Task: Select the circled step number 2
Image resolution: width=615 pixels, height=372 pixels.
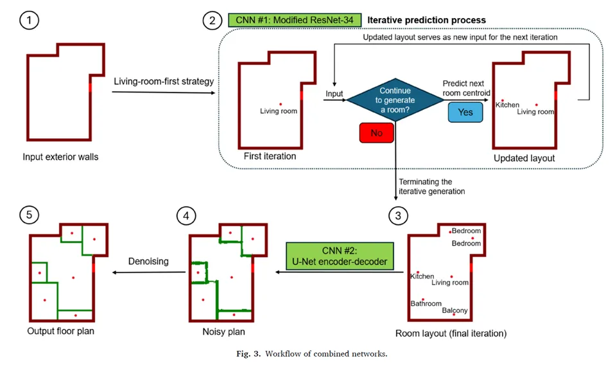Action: point(212,21)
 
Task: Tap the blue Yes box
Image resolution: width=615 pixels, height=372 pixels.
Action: point(465,112)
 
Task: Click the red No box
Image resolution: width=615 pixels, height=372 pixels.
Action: point(376,133)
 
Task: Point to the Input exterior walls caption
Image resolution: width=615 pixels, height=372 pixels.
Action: point(60,157)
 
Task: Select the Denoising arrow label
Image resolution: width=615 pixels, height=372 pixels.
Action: point(148,261)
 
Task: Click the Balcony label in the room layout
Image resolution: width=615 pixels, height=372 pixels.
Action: point(455,311)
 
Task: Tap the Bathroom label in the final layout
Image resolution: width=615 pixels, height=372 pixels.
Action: point(426,303)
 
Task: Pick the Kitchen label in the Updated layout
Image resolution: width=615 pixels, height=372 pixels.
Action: point(507,105)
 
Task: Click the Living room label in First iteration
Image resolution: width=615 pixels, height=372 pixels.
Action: point(279,111)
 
